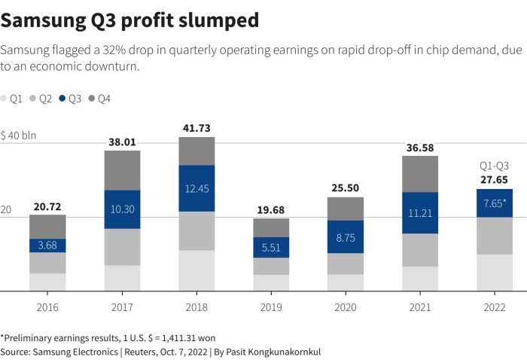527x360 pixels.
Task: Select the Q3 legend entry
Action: [69, 99]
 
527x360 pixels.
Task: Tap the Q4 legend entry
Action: [99, 99]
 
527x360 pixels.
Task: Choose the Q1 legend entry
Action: [11, 99]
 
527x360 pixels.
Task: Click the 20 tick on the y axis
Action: [7, 210]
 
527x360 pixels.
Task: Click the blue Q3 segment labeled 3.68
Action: [48, 246]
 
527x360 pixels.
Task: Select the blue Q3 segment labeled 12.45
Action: [197, 188]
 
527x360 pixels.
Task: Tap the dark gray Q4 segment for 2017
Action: [123, 170]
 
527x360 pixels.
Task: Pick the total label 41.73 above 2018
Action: [197, 128]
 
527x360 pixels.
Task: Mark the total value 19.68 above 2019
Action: [271, 209]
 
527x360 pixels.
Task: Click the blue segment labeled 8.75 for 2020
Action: [346, 236]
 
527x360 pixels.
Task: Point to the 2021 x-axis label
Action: [420, 307]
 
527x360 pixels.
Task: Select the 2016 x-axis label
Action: [48, 307]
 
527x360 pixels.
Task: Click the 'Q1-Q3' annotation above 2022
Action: [494, 166]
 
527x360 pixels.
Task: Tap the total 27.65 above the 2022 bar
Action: [494, 180]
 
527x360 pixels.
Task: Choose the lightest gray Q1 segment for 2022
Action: [494, 273]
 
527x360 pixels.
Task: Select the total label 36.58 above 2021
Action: [420, 147]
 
